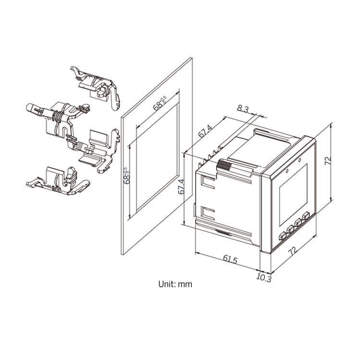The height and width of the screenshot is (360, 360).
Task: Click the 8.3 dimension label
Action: pyautogui.click(x=243, y=108)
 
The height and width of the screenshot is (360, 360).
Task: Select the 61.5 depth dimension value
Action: pyautogui.click(x=230, y=259)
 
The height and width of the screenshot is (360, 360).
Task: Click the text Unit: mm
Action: pyautogui.click(x=175, y=284)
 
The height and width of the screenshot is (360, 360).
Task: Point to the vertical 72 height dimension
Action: pyautogui.click(x=328, y=160)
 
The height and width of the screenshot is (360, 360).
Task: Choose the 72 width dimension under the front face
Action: pyautogui.click(x=293, y=251)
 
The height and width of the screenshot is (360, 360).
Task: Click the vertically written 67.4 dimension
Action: pyautogui.click(x=181, y=187)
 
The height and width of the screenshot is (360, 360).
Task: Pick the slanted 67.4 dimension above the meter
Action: pyautogui.click(x=205, y=132)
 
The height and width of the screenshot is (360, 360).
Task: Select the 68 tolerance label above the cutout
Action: pyautogui.click(x=160, y=104)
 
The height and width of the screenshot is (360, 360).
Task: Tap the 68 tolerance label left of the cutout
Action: pyautogui.click(x=127, y=176)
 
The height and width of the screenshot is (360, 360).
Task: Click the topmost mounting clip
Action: pyautogui.click(x=96, y=88)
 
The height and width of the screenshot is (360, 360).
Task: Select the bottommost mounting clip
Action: pyautogui.click(x=58, y=181)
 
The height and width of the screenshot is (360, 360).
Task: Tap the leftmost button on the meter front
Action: pyautogui.click(x=282, y=236)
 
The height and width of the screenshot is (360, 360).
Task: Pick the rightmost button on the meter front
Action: pyautogui.click(x=306, y=216)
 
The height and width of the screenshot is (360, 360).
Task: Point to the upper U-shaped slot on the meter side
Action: pyautogui.click(x=208, y=182)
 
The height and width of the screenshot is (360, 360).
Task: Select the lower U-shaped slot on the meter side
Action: pyautogui.click(x=208, y=213)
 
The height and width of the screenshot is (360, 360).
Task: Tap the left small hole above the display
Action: pyautogui.click(x=287, y=171)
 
